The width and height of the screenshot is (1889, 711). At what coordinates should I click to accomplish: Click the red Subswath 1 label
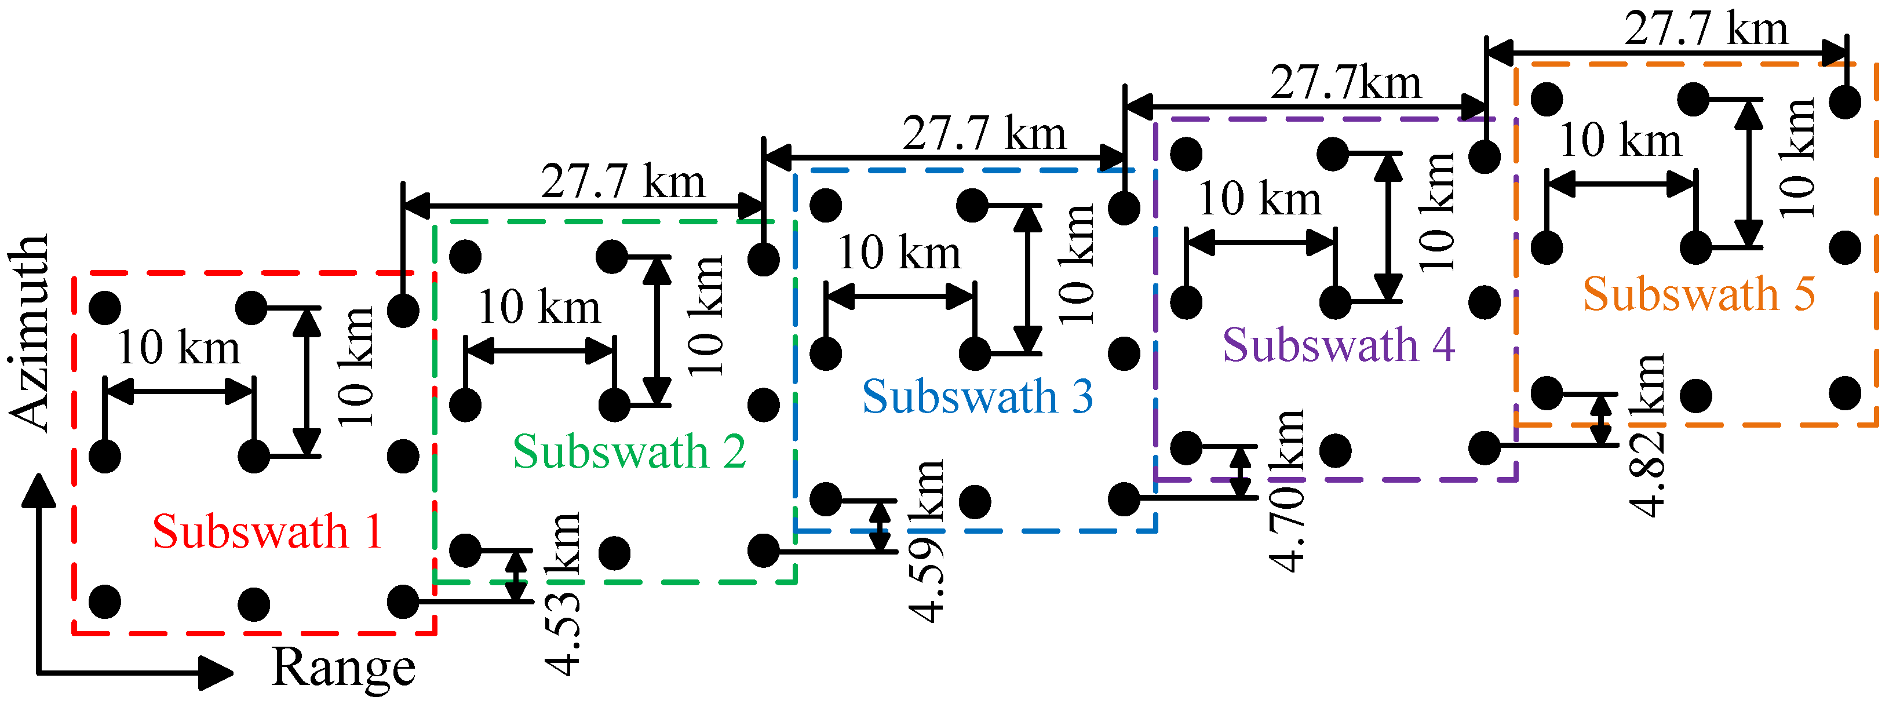pos(268,531)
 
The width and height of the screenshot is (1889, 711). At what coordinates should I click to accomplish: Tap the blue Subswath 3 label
pos(978,398)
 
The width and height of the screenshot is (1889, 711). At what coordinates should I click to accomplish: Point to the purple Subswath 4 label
pos(1339,345)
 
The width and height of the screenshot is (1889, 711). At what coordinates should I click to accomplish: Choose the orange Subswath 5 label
pos(1699,295)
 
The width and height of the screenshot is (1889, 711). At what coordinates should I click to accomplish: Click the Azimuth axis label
pos(30,334)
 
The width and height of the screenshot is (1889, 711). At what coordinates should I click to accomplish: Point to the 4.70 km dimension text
pos(1287,490)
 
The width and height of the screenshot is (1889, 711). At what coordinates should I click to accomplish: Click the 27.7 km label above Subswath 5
pos(1706,30)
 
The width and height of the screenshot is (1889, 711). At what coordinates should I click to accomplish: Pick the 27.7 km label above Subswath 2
pos(623,182)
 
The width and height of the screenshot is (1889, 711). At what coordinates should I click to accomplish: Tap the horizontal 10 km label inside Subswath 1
pos(178,348)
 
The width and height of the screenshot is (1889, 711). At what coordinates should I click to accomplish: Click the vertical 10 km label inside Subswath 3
pos(1077,264)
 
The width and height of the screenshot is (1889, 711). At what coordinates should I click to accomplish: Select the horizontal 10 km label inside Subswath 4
pos(1259,199)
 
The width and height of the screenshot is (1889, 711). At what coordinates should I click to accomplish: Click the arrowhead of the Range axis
pos(216,672)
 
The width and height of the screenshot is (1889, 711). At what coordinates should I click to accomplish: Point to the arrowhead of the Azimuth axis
pos(38,490)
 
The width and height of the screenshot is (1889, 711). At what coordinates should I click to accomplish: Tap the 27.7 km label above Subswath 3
pos(984,134)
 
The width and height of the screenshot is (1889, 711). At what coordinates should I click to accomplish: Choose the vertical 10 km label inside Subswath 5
pos(1797,158)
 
